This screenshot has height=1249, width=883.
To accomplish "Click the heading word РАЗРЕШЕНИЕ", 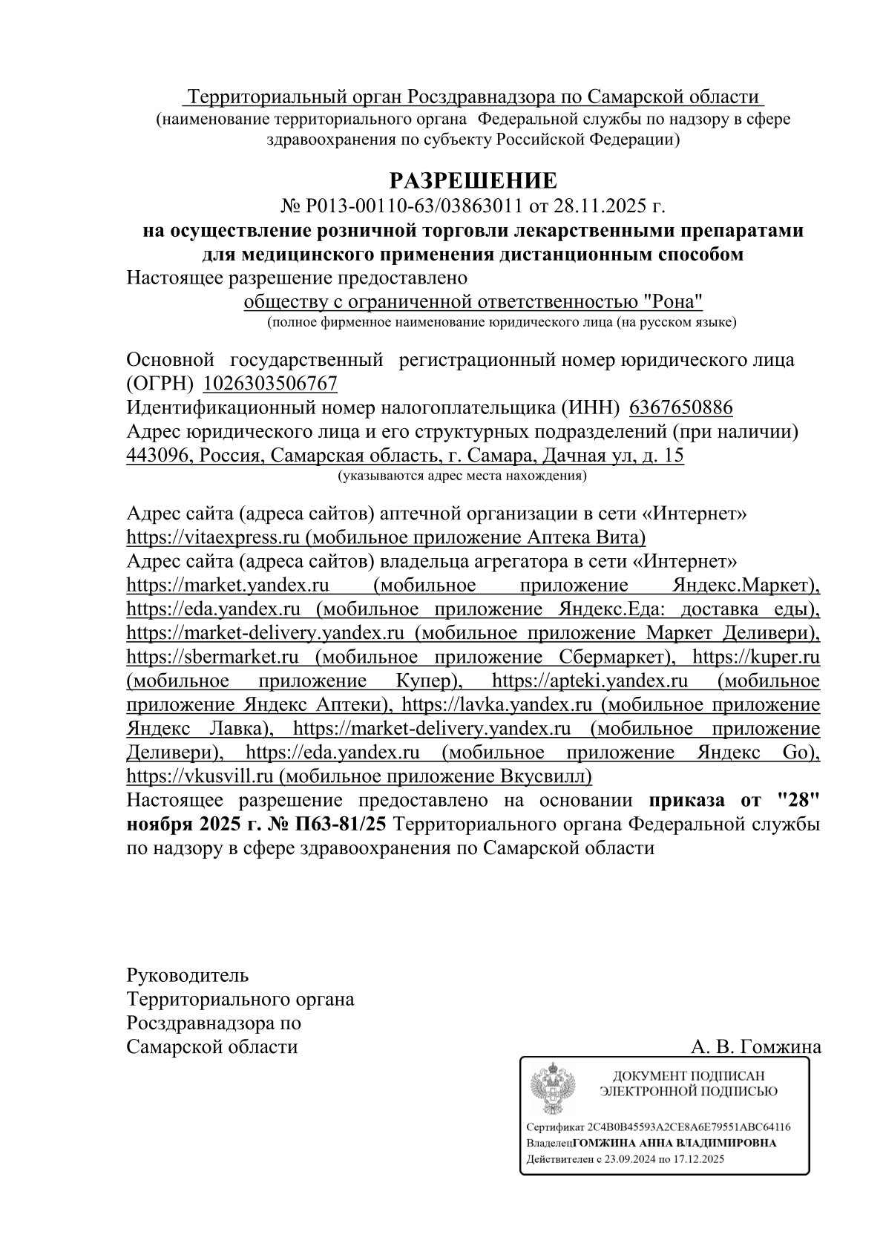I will click(x=473, y=180).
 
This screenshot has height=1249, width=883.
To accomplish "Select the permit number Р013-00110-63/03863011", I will click(x=412, y=206).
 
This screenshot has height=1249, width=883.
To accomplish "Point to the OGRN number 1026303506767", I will click(x=270, y=384).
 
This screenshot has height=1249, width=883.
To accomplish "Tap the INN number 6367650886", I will click(x=680, y=407).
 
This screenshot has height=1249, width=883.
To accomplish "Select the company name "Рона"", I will click(x=672, y=301).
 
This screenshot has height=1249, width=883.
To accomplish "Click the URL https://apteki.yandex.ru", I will click(x=589, y=681).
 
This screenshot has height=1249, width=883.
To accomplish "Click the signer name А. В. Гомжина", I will click(x=755, y=1046).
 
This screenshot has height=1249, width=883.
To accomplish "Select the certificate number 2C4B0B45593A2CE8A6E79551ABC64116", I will click(x=688, y=1127).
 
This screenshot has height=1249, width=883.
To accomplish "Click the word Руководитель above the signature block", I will click(x=188, y=974).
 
